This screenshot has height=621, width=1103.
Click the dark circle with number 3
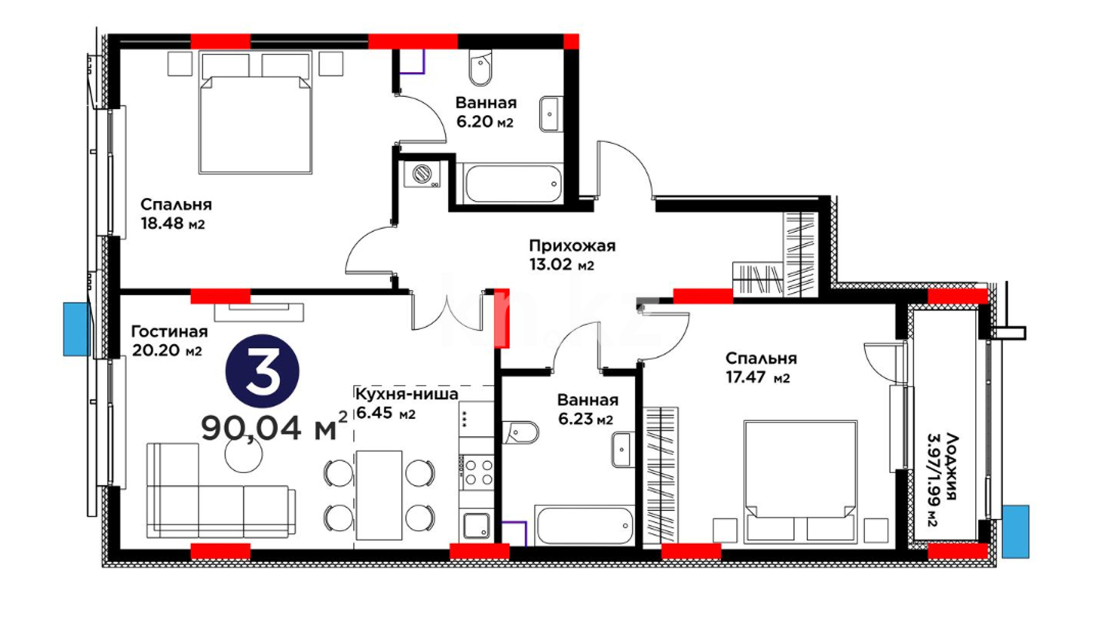pos(263,371)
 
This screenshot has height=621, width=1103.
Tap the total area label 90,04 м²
pos(274,427)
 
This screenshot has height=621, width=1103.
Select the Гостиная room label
pos(169,332)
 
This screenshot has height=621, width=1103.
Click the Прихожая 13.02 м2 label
pos(572,255)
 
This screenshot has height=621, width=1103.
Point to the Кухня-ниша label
pos(407,394)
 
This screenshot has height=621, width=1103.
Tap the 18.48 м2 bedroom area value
pos(173,224)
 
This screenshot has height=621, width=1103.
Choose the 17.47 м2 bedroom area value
pos(758,378)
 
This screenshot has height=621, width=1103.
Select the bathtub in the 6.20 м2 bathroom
pos(513,184)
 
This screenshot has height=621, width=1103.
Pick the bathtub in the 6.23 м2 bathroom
pos(584,525)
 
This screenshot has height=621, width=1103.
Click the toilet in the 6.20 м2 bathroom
pos(480,67)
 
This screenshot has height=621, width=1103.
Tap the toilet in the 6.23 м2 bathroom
pos(520,432)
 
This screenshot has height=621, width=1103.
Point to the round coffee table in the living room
pos(244,454)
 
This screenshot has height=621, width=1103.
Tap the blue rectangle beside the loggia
pos(1016,531)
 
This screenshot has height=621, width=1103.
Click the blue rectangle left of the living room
pos(77,329)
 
